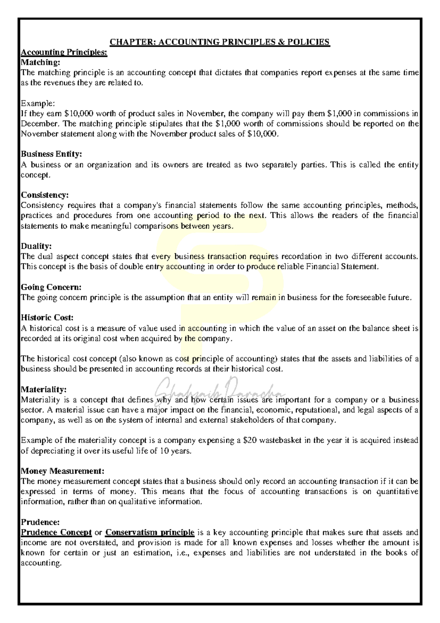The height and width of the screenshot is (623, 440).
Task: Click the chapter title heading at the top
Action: pos(220,42)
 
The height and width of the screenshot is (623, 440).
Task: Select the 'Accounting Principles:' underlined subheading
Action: pos(64,52)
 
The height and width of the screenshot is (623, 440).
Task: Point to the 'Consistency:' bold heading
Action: pos(45,195)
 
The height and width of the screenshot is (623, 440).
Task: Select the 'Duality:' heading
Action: pos(36,246)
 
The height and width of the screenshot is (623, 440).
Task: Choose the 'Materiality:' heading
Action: pos(44,389)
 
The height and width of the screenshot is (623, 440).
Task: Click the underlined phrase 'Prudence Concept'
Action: pos(56,532)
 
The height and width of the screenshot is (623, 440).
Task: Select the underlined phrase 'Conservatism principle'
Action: pos(150,532)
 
